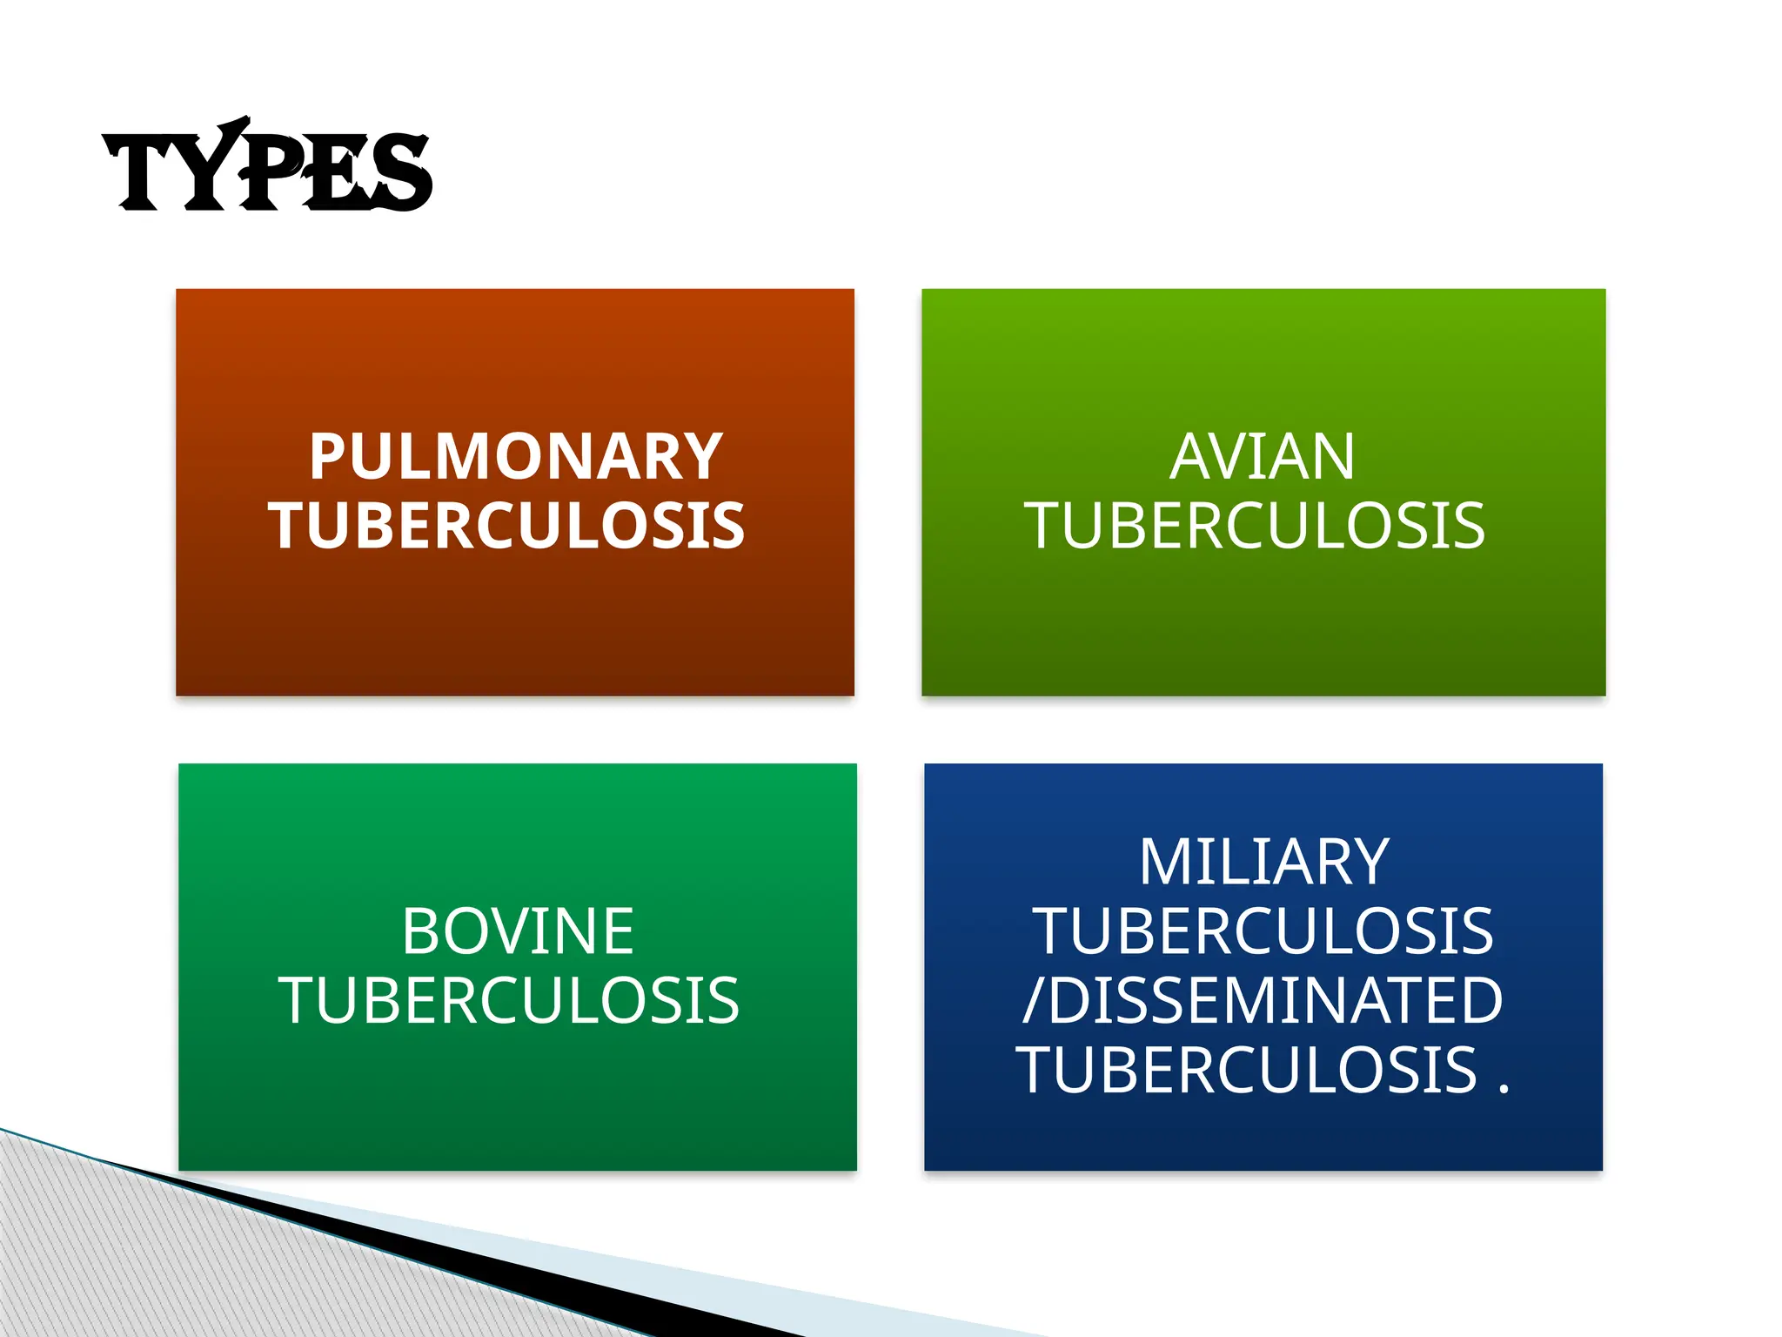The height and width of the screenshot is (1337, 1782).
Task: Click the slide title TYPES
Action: (x=267, y=167)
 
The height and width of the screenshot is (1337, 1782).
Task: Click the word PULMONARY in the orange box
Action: (x=515, y=457)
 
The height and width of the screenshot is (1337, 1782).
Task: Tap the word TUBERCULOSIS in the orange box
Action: (x=506, y=526)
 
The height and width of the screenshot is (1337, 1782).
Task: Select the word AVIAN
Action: (x=1262, y=457)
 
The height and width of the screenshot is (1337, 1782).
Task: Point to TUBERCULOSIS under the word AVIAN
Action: (x=1255, y=526)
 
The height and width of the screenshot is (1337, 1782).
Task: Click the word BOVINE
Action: (x=518, y=931)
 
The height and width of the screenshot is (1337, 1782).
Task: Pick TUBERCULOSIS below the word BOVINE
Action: (x=509, y=1000)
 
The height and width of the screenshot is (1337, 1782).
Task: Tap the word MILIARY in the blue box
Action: (x=1263, y=863)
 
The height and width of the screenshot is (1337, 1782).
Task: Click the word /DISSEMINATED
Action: (x=1263, y=1000)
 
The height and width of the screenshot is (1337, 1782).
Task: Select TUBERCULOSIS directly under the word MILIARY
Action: (x=1263, y=931)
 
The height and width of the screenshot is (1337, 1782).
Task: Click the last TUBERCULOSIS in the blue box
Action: (x=1246, y=1070)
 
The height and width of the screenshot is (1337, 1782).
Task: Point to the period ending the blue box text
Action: (x=1504, y=1088)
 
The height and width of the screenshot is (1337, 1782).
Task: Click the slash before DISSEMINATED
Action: (x=1033, y=1001)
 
